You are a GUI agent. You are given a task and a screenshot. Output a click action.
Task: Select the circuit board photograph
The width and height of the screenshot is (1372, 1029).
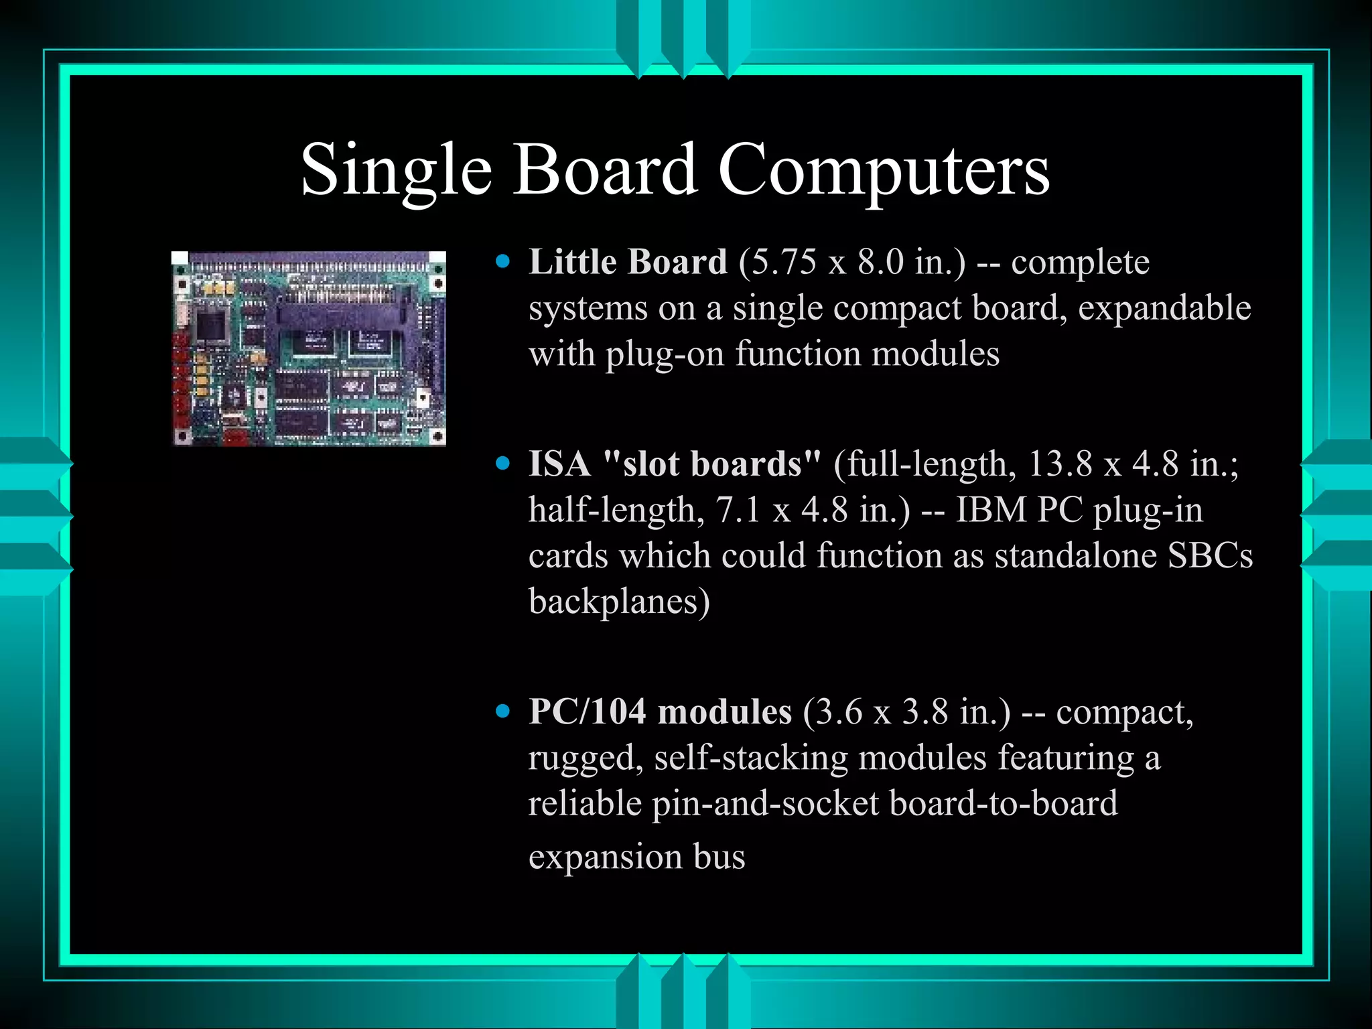click(309, 348)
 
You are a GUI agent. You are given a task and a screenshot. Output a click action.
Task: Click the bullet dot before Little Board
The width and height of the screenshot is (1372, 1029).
click(502, 261)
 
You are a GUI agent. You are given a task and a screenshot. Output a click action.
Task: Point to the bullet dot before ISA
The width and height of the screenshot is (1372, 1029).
click(502, 463)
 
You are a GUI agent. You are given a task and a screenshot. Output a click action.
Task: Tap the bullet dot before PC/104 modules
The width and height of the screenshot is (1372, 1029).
click(502, 711)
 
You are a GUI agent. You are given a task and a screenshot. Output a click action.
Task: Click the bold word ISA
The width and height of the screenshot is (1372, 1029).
click(559, 464)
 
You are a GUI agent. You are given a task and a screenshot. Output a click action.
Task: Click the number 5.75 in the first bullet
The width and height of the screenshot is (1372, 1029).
click(778, 262)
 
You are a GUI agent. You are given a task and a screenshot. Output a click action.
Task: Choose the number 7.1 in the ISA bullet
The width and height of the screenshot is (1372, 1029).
click(738, 510)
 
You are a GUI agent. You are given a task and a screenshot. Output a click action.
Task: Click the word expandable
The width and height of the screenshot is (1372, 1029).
click(1164, 308)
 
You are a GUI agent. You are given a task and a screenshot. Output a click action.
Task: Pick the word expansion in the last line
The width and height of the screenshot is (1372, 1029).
click(605, 857)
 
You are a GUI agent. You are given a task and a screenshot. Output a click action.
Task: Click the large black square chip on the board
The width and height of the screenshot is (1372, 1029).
click(212, 325)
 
